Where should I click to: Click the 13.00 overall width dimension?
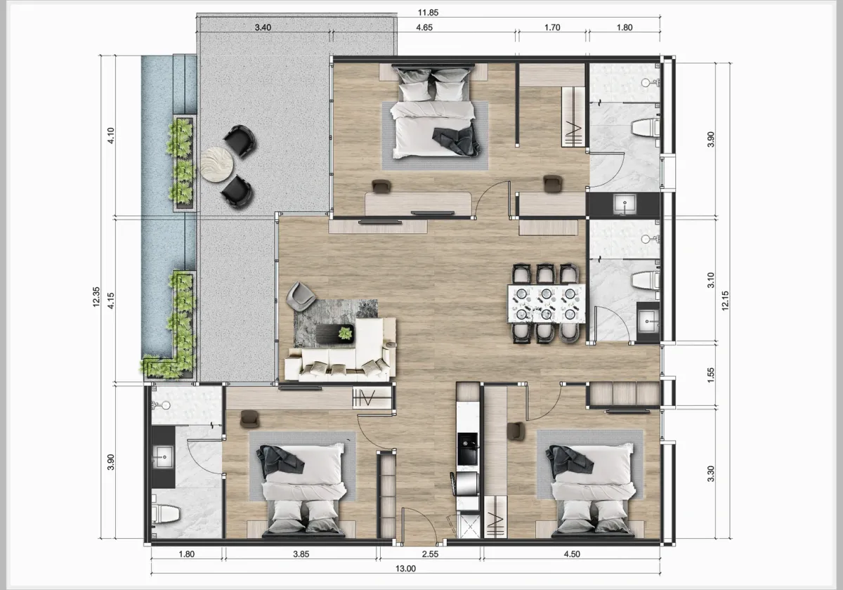[x=406, y=569]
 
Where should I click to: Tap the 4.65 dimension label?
[x=424, y=28]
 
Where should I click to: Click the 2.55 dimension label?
[x=430, y=554]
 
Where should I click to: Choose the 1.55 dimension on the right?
[x=710, y=375]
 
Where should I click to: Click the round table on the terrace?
[x=218, y=164]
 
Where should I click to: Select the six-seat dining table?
[x=545, y=303]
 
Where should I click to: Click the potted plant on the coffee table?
[x=345, y=333]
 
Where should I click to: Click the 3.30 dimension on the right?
[x=710, y=474]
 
